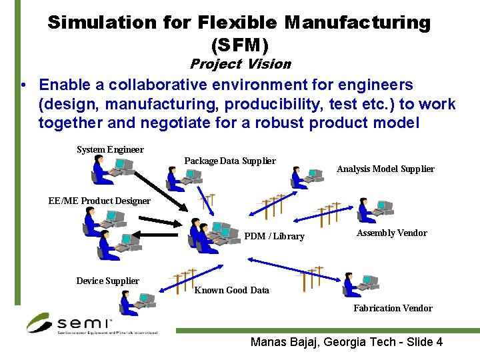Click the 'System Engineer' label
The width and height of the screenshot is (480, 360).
tap(110, 149)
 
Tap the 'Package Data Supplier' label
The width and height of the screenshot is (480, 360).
tap(230, 161)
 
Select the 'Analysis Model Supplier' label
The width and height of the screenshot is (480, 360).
tap(385, 169)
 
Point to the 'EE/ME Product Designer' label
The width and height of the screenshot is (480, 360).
tap(99, 200)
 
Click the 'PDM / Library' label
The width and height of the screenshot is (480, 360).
tap(274, 236)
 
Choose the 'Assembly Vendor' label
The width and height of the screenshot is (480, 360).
tap(391, 233)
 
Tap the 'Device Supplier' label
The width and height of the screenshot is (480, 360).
tap(107, 281)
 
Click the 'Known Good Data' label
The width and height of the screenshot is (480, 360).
tap(231, 290)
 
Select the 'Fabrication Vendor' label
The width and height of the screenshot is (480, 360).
tap(393, 308)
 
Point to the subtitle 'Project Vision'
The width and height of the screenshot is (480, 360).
tap(240, 64)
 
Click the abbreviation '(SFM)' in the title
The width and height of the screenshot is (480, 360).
tap(239, 45)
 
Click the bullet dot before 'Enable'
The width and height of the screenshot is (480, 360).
tap(23, 85)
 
